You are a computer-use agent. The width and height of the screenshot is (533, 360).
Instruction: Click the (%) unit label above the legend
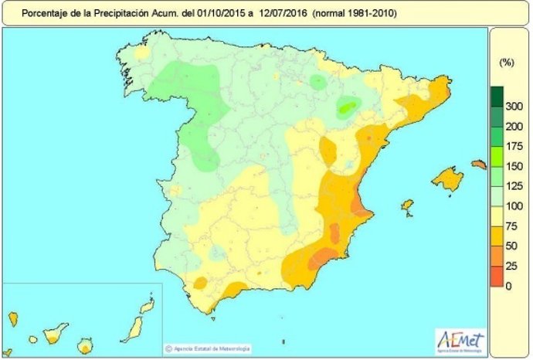click(507, 61)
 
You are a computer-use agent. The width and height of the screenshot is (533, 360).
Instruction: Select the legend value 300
click(513, 106)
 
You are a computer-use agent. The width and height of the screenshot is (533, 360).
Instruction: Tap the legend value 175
click(513, 146)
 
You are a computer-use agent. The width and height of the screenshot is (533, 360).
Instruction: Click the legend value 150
click(513, 166)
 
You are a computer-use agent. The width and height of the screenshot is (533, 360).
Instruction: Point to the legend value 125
click(513, 186)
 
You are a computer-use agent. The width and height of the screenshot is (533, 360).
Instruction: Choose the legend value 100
click(513, 206)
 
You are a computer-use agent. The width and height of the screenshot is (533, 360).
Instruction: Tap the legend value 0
click(508, 287)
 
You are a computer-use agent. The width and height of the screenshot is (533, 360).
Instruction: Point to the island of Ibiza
click(407, 208)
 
